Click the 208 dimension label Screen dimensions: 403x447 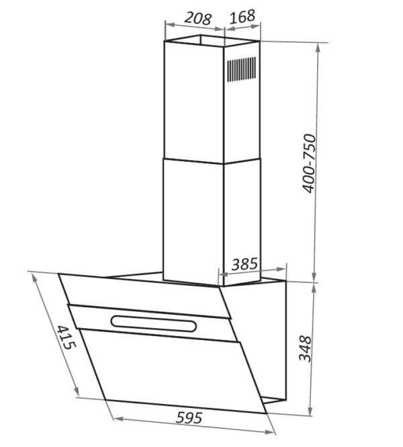pos(198,19)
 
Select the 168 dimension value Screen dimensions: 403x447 pos(242,17)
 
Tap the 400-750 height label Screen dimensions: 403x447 pos(309,163)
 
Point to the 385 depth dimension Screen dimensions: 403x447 pos(244,264)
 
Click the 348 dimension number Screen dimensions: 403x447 pos(306,349)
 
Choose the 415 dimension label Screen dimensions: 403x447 pos(66,337)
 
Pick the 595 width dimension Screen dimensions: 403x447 pos(189,418)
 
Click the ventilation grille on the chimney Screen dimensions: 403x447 pos(241,69)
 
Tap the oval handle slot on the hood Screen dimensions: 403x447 pos(154,323)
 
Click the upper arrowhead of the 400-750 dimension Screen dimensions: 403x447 pos(318,48)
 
